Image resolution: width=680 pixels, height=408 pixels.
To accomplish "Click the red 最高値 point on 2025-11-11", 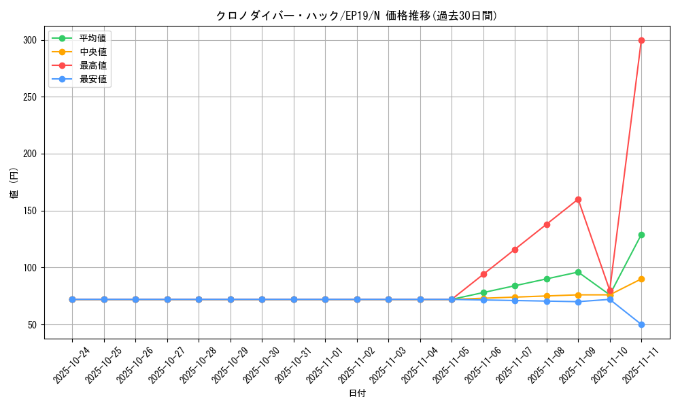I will tap(641, 40).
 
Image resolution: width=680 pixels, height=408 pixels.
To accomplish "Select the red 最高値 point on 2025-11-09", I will tap(578, 199).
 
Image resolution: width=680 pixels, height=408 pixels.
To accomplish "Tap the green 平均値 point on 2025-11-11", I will tap(641, 235).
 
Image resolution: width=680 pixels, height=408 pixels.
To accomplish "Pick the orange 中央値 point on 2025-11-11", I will tap(641, 279).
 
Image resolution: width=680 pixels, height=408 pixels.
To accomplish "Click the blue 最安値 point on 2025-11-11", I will tap(641, 324).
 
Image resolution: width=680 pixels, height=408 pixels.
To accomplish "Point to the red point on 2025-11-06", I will tap(483, 274).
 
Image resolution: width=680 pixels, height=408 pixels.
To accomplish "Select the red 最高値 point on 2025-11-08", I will tap(547, 224).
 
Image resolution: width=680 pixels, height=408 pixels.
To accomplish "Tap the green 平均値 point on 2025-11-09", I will tap(578, 272).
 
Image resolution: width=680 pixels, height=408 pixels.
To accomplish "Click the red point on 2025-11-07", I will tap(515, 250).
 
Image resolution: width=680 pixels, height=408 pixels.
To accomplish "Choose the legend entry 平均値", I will tap(92, 38).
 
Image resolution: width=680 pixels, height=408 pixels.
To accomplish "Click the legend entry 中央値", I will tap(92, 52).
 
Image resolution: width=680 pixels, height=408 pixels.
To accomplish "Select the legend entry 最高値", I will tap(92, 65).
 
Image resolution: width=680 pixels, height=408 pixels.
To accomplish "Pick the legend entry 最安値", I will tap(92, 79).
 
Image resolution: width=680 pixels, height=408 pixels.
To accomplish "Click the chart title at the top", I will tap(356, 16).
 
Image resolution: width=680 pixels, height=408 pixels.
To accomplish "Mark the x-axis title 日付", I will tap(357, 394).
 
